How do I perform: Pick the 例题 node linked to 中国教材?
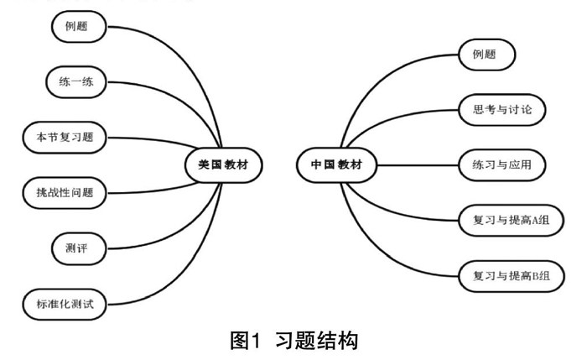click(486, 55)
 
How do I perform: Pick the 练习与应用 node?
click(502, 164)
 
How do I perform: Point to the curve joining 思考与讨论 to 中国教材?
click(403, 126)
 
